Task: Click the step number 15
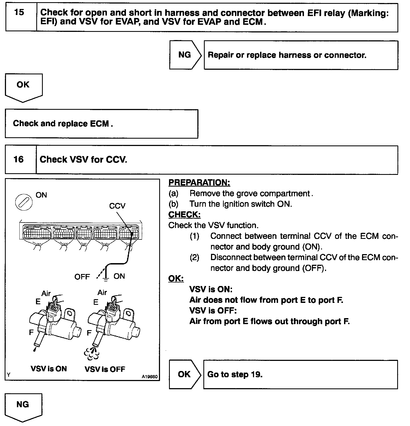(19, 13)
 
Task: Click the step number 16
(19, 159)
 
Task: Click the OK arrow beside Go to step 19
(185, 374)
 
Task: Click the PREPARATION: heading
(199, 182)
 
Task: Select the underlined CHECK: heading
(184, 215)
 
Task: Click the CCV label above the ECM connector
(117, 206)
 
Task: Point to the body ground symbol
(105, 278)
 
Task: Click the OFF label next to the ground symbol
(82, 277)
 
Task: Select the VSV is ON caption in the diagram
(49, 369)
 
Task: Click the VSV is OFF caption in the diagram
(105, 369)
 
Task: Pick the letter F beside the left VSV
(31, 332)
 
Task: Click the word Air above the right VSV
(102, 293)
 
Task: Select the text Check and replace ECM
(63, 124)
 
